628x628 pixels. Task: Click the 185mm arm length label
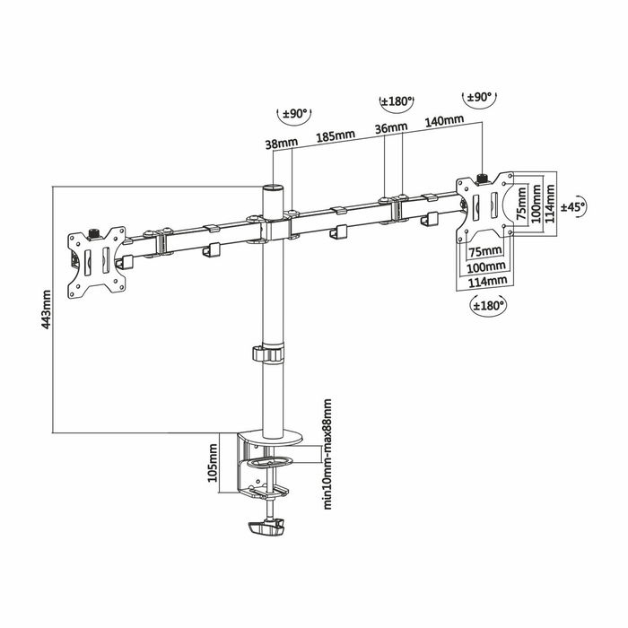(335, 135)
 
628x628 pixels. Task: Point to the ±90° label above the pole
(295, 115)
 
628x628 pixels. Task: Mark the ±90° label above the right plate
(483, 96)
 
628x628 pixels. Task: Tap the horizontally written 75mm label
(484, 250)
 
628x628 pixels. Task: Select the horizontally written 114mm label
(484, 282)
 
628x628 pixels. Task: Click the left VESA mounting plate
(96, 260)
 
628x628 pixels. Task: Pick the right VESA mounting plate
(486, 206)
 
